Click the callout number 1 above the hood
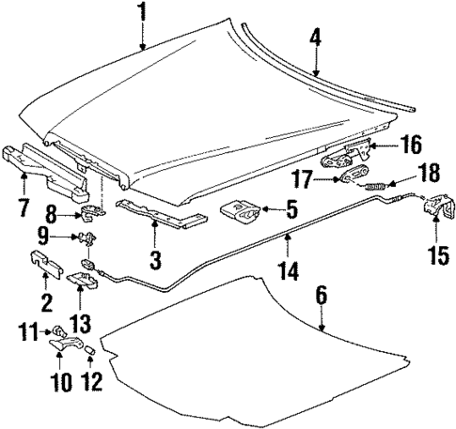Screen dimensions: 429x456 (142, 13)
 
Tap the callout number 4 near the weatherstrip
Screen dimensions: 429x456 (316, 38)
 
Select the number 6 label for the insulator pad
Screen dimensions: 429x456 (322, 295)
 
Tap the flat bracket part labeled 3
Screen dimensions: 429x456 (160, 214)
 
